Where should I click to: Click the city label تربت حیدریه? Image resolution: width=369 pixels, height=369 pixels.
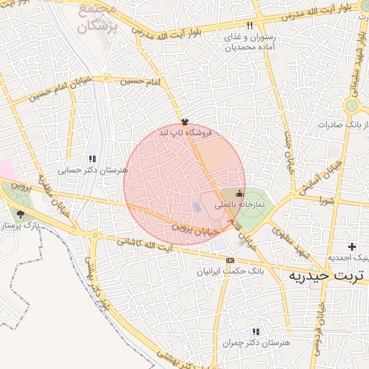[x=328, y=275]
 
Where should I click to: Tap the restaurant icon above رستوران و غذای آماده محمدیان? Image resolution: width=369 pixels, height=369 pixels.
[x=250, y=25]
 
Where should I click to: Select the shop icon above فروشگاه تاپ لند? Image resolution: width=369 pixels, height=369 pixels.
[x=185, y=122]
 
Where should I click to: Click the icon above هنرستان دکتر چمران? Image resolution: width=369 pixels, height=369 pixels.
[x=256, y=332]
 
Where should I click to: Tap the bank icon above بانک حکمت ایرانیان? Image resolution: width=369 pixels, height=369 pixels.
[x=230, y=260]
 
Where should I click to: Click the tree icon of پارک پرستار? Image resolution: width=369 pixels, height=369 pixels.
[x=21, y=214]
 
